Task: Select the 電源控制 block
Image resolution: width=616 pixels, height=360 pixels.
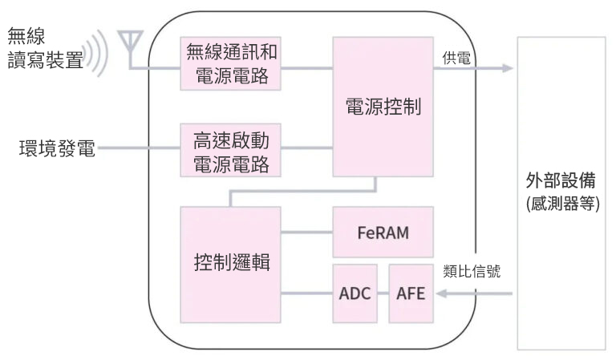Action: click(x=383, y=106)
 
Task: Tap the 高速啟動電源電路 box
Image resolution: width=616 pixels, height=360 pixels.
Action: click(x=231, y=151)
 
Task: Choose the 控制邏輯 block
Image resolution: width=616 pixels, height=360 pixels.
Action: click(x=231, y=264)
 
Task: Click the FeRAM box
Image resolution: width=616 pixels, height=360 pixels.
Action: click(x=383, y=233)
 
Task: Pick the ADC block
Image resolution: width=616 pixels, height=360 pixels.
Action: click(x=354, y=293)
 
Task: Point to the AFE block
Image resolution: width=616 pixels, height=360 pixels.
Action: click(x=411, y=293)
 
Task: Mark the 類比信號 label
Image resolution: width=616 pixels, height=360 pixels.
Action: click(x=472, y=271)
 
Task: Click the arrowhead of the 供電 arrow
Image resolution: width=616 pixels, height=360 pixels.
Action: click(x=507, y=68)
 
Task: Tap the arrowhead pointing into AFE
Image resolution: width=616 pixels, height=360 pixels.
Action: click(x=440, y=293)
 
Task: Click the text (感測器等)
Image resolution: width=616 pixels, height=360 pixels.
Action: click(x=563, y=203)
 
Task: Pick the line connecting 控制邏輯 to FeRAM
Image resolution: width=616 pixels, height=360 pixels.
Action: click(x=306, y=233)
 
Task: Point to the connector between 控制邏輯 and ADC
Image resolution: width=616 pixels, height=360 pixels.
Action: click(x=306, y=293)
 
